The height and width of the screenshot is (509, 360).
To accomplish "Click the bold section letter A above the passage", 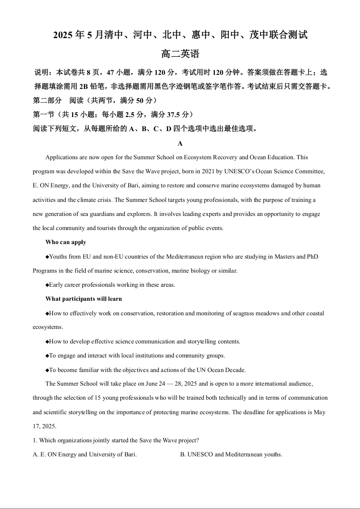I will click(180, 143).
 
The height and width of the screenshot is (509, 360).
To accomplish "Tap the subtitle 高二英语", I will click(180, 54).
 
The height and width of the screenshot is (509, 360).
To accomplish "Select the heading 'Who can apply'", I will click(66, 242).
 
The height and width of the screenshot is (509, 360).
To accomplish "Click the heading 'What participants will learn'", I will click(84, 299).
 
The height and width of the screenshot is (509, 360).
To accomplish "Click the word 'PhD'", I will click(313, 257).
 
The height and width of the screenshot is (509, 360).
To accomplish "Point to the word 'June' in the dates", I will click(152, 384).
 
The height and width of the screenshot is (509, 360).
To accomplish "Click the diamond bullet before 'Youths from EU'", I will click(47, 257).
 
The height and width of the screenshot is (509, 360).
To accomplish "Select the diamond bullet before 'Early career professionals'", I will click(47, 285).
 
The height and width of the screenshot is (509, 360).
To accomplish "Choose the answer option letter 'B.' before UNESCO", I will click(183, 455).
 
